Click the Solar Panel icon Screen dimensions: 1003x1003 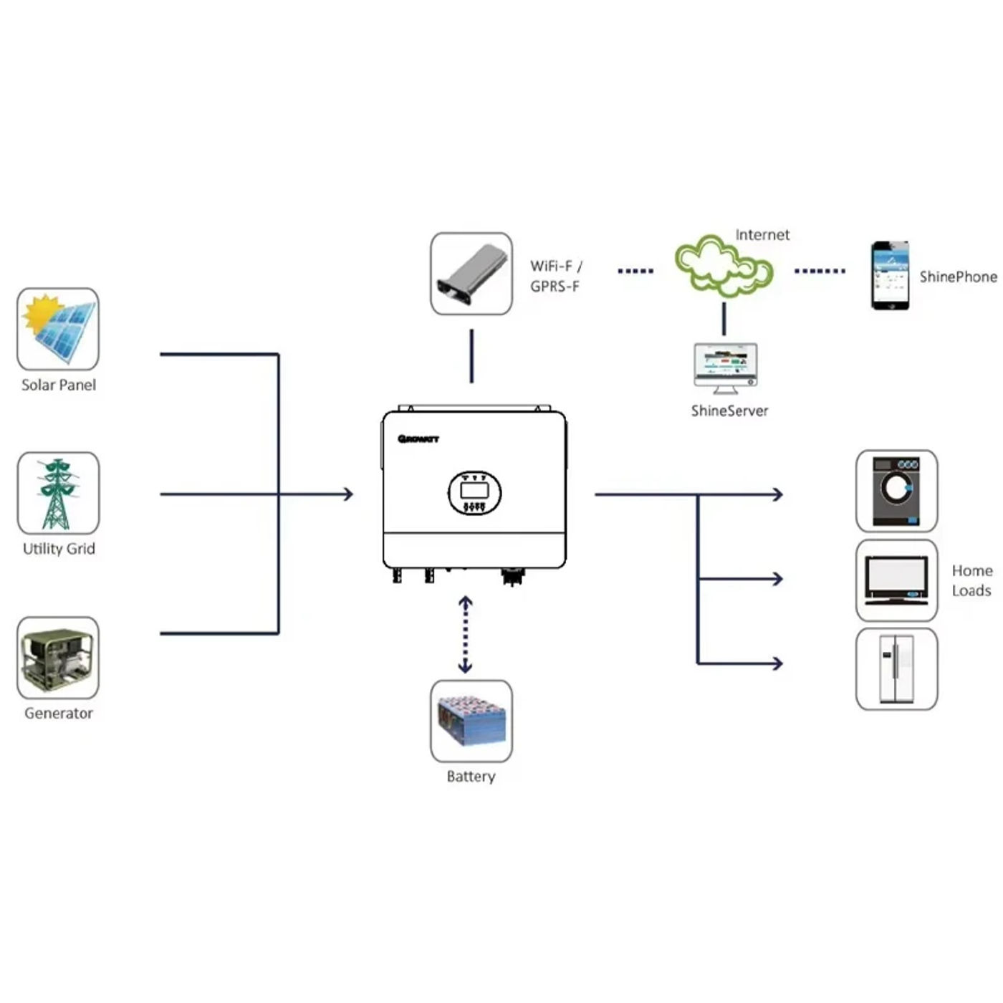pos(58,329)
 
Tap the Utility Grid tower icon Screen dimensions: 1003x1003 pos(58,493)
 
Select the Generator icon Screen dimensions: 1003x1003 pos(58,658)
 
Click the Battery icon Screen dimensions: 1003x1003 pos(471,721)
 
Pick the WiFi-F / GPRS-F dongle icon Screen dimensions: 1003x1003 pos(471,274)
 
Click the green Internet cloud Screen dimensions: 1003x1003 pos(723,267)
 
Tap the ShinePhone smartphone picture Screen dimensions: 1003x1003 pos(890,276)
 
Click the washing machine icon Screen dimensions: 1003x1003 pos(896,491)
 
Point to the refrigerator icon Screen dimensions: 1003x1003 pos(896,669)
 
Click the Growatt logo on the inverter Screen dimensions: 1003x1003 pos(418,439)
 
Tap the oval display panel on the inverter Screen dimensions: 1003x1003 pos(474,493)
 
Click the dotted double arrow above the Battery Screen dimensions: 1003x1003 pos(465,635)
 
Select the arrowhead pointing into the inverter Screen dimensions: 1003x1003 pos(348,494)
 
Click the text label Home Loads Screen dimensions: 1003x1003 pos(971,580)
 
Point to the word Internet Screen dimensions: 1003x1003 pos(762,235)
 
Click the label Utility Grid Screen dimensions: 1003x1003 pos(59,549)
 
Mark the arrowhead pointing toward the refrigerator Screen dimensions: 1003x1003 pos(777,663)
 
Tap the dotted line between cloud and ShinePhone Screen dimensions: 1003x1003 pos(820,271)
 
